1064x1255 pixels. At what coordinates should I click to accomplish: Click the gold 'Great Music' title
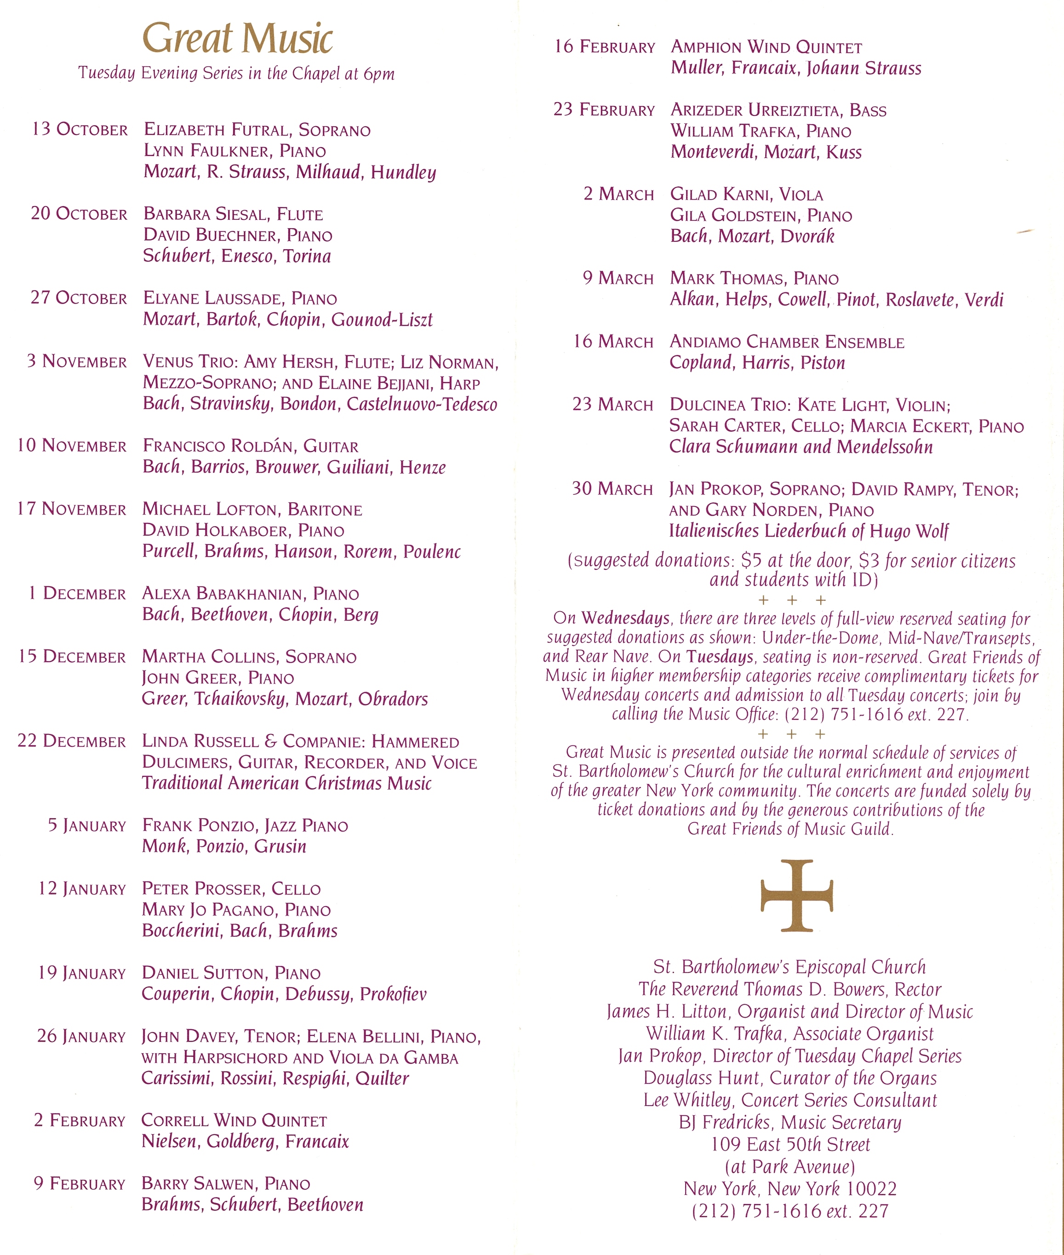(x=237, y=39)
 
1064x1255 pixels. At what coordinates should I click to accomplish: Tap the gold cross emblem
(x=797, y=895)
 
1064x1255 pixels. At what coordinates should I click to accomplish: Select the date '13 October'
(x=80, y=130)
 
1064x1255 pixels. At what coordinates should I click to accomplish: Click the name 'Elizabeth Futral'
(x=217, y=130)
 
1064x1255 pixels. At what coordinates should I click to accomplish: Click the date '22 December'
(x=72, y=741)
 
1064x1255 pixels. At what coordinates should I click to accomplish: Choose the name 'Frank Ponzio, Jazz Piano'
(x=245, y=825)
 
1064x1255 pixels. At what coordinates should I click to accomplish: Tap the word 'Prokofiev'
(x=393, y=994)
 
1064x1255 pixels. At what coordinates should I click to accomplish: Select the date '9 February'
(x=79, y=1183)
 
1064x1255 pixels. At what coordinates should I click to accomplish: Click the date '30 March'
(x=612, y=489)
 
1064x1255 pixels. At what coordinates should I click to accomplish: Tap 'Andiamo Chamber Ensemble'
(x=787, y=342)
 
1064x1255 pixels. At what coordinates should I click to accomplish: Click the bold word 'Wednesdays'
(x=625, y=619)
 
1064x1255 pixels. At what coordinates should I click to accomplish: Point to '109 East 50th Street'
(x=790, y=1145)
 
